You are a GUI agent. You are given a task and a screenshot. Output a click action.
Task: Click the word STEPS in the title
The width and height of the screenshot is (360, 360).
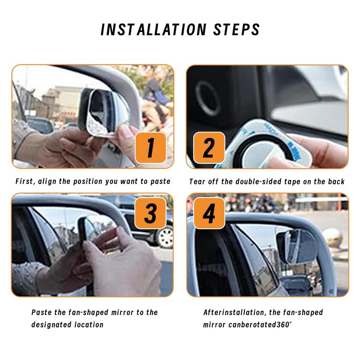click(237, 29)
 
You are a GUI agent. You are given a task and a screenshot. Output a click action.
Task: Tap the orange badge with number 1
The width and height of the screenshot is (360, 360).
click(151, 148)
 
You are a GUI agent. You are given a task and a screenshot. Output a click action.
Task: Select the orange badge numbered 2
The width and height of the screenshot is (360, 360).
click(209, 148)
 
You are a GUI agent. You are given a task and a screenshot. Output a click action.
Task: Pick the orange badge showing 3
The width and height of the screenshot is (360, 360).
click(150, 213)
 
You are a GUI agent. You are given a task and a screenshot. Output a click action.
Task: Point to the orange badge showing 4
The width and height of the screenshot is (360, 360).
click(209, 213)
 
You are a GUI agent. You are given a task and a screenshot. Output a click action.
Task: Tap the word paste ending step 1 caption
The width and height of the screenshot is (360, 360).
click(160, 181)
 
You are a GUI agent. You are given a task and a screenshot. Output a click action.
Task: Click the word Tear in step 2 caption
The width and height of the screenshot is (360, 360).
click(197, 182)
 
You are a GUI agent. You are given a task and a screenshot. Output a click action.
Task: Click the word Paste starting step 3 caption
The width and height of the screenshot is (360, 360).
click(41, 312)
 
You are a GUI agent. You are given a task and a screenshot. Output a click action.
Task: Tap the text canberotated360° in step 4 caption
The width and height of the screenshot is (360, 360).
click(260, 324)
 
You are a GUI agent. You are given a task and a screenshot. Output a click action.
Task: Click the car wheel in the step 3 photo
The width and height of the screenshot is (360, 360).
click(165, 237)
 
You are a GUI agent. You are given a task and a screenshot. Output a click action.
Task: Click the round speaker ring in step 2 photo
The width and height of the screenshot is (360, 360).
click(208, 98)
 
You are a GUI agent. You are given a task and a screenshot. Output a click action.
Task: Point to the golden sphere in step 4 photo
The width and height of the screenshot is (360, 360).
click(333, 238)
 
